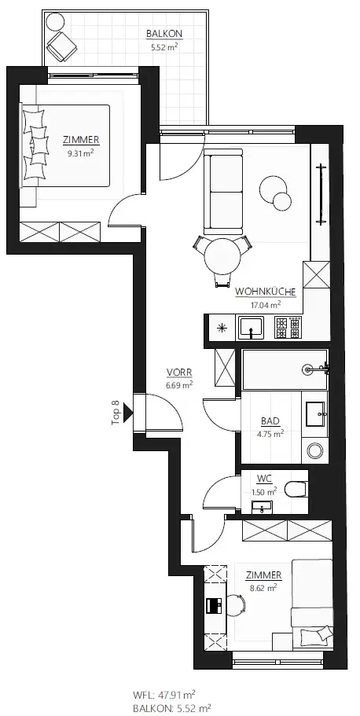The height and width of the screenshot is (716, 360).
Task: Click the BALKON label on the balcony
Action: click(164, 34)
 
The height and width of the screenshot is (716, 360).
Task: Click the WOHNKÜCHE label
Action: click(265, 292)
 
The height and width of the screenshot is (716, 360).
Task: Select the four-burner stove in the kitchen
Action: click(288, 327)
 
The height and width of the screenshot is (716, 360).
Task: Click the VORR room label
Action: click(179, 373)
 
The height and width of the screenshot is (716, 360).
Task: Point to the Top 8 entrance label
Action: click(116, 412)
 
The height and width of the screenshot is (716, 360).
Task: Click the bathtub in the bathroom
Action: click(283, 370)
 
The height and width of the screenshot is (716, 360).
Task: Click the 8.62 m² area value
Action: click(263, 586)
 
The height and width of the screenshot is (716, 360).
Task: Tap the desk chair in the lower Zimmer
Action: click(235, 604)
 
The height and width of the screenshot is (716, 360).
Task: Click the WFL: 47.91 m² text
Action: click(163, 694)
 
